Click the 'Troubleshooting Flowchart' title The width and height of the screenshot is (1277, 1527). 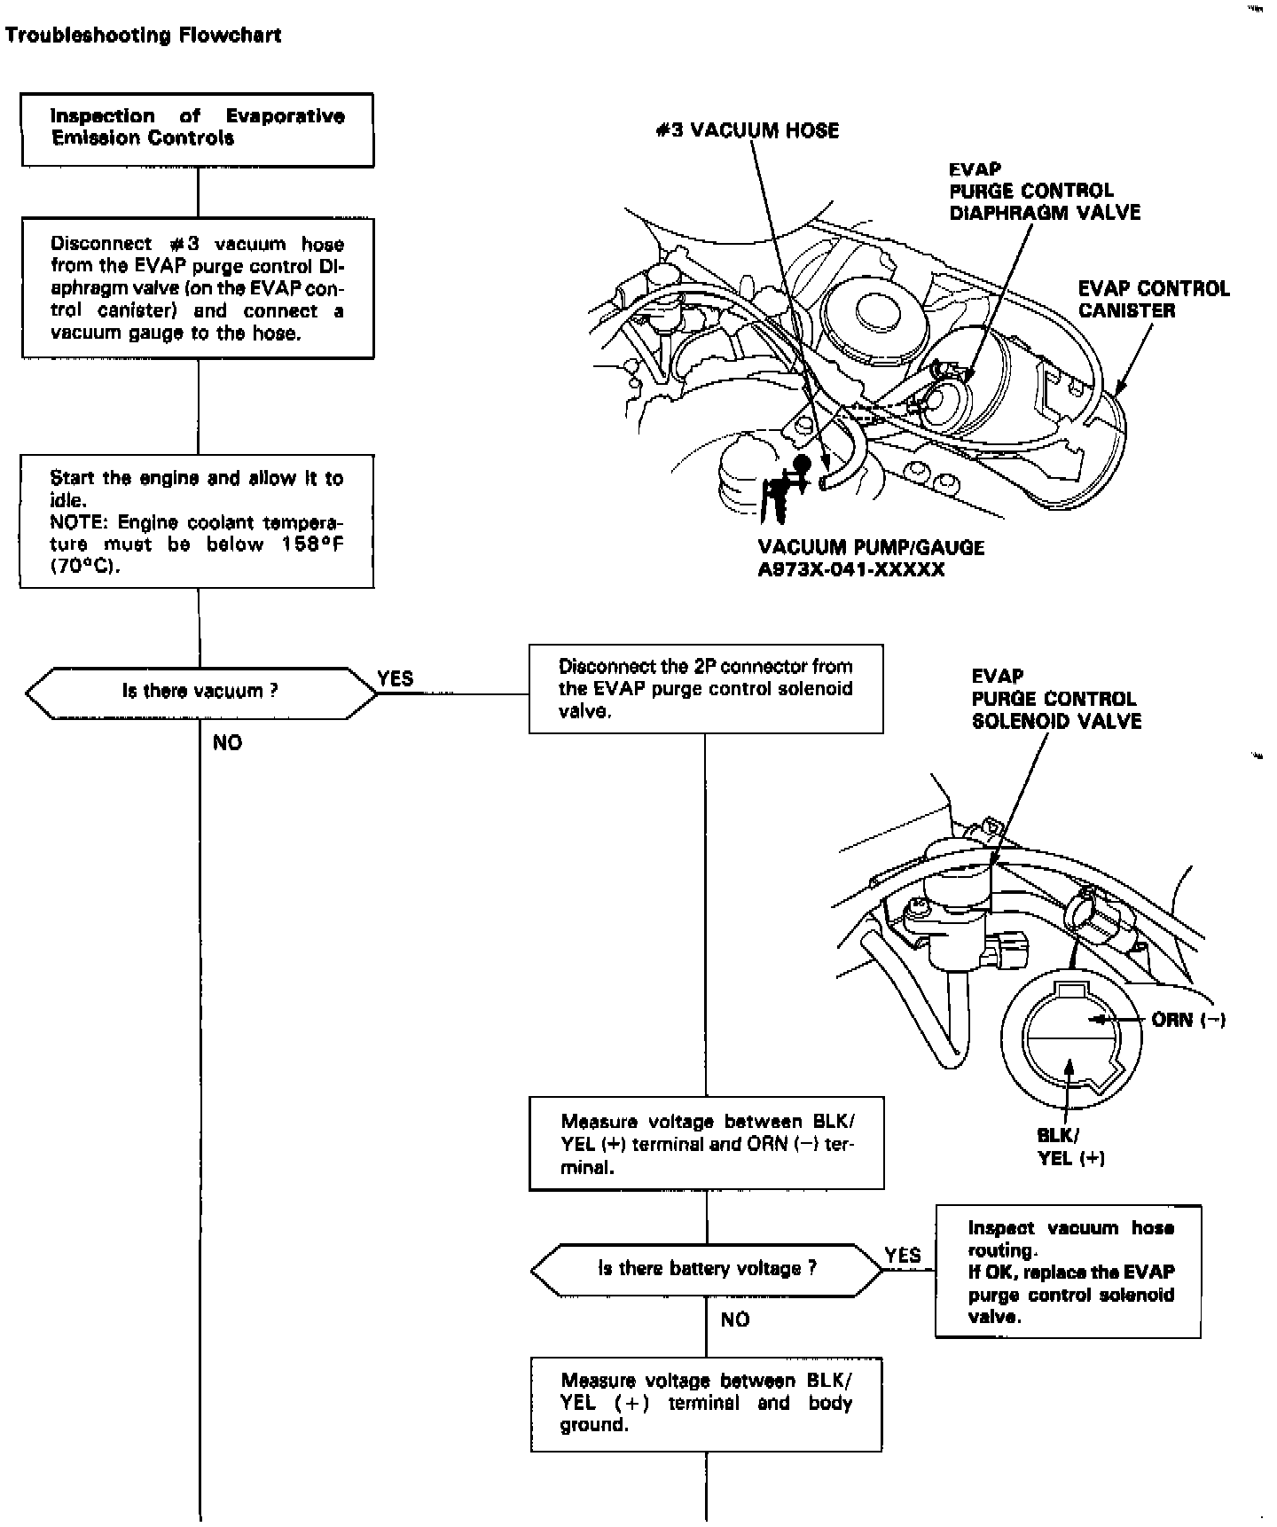[x=143, y=35]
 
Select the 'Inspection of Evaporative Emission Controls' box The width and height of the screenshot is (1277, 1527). [x=198, y=129]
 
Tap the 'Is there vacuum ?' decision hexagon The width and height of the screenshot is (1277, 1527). [x=200, y=692]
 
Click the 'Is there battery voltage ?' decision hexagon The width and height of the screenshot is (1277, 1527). [x=707, y=1269]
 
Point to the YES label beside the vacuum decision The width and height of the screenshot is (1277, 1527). [x=396, y=678]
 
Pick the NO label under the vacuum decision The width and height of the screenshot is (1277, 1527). [x=227, y=743]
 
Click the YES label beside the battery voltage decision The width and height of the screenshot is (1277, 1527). [x=903, y=1256]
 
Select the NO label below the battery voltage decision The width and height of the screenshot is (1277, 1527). [x=735, y=1320]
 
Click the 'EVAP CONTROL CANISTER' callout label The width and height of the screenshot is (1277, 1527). [x=1153, y=300]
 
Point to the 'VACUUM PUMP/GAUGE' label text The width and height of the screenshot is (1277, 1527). [x=871, y=548]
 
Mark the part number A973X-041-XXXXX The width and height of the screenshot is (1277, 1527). [x=851, y=570]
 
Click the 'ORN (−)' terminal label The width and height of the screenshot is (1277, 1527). [x=1187, y=1020]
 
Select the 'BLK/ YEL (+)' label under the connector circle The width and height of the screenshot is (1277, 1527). [x=1070, y=1147]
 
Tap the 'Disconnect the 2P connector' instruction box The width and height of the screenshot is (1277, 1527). [x=706, y=689]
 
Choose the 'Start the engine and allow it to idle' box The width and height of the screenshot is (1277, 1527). [x=197, y=521]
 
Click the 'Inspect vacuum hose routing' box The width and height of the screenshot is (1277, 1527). [x=1069, y=1272]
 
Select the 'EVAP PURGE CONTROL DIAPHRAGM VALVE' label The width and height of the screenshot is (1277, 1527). [x=1044, y=192]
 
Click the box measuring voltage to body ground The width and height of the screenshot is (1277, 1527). [x=706, y=1404]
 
